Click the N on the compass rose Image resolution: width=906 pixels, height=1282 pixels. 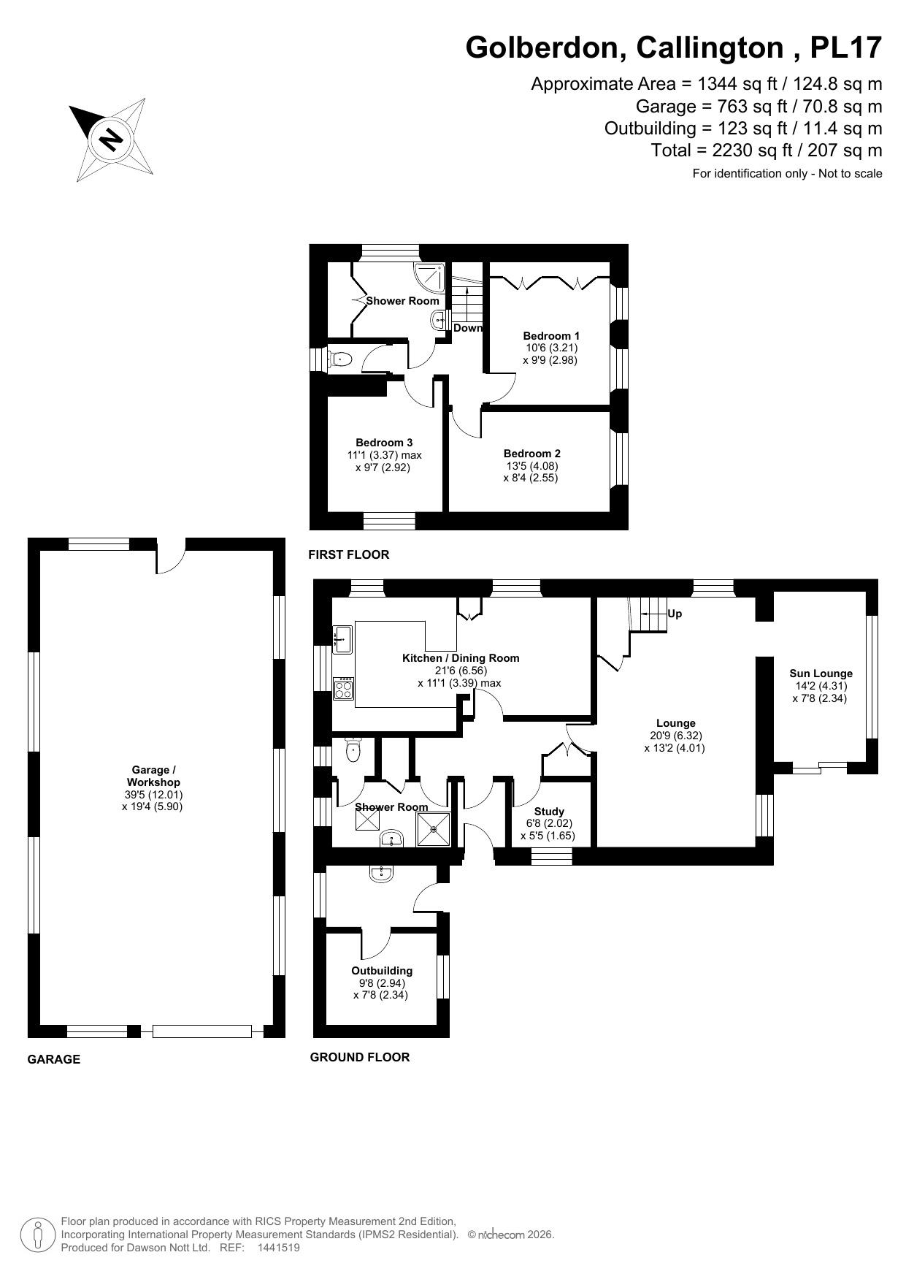click(111, 138)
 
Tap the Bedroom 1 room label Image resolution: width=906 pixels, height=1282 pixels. click(551, 336)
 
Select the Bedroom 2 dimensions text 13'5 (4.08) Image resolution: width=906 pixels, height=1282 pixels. click(531, 466)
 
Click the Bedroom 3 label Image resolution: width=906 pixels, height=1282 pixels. click(384, 443)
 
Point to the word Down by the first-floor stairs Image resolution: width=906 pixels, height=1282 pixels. click(468, 328)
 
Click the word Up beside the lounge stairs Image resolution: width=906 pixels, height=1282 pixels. click(675, 614)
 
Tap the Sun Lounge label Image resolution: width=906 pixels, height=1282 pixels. click(821, 674)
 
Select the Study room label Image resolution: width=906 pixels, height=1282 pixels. click(549, 812)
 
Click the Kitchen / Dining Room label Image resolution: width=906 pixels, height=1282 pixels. click(461, 658)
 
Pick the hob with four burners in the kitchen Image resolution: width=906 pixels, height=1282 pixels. click(343, 689)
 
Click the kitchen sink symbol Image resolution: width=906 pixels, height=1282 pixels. click(342, 639)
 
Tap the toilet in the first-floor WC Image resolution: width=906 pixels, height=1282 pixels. click(340, 359)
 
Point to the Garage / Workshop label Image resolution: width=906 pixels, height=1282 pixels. click(153, 776)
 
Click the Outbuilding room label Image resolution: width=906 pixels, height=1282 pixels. click(382, 971)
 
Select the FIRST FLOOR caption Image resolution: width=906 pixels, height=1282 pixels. click(348, 554)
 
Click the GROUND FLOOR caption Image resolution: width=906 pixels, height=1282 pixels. click(359, 1057)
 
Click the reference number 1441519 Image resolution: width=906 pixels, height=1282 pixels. click(278, 1248)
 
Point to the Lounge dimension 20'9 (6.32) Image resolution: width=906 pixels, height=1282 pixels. click(675, 736)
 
